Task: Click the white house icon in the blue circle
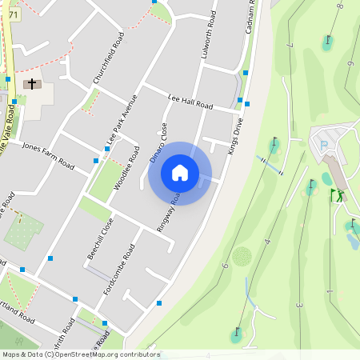point(180,173)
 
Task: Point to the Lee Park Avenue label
point(122,121)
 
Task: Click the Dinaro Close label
point(158,143)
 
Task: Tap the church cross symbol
point(33,83)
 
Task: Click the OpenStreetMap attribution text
point(81,354)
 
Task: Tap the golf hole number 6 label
point(226,265)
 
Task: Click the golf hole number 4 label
point(267,240)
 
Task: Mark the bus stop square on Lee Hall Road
point(240,100)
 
